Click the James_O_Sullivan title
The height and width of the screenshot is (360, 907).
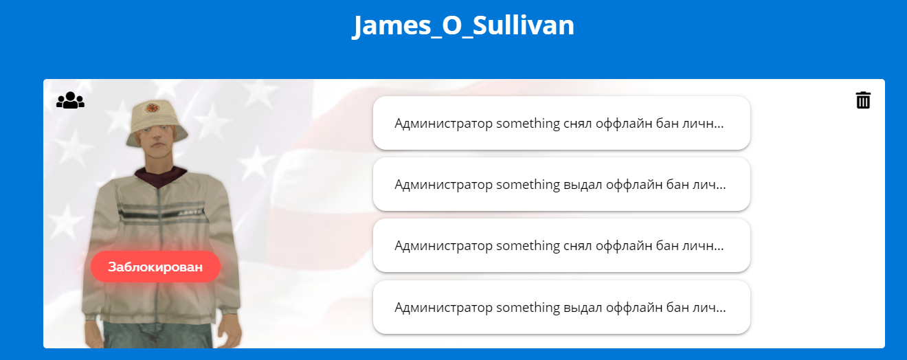463,25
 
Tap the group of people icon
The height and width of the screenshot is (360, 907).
71,100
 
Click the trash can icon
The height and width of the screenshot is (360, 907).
863,100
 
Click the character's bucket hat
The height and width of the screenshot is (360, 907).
156,122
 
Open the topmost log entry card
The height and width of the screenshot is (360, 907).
561,123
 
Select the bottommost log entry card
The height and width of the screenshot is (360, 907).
561,307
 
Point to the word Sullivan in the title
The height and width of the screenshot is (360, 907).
523,25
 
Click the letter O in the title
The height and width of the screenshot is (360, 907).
452,26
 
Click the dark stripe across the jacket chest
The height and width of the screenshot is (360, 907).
161,212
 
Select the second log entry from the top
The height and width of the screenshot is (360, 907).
561,184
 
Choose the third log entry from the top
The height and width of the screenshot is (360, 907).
561,245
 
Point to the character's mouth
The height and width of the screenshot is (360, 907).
157,147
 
